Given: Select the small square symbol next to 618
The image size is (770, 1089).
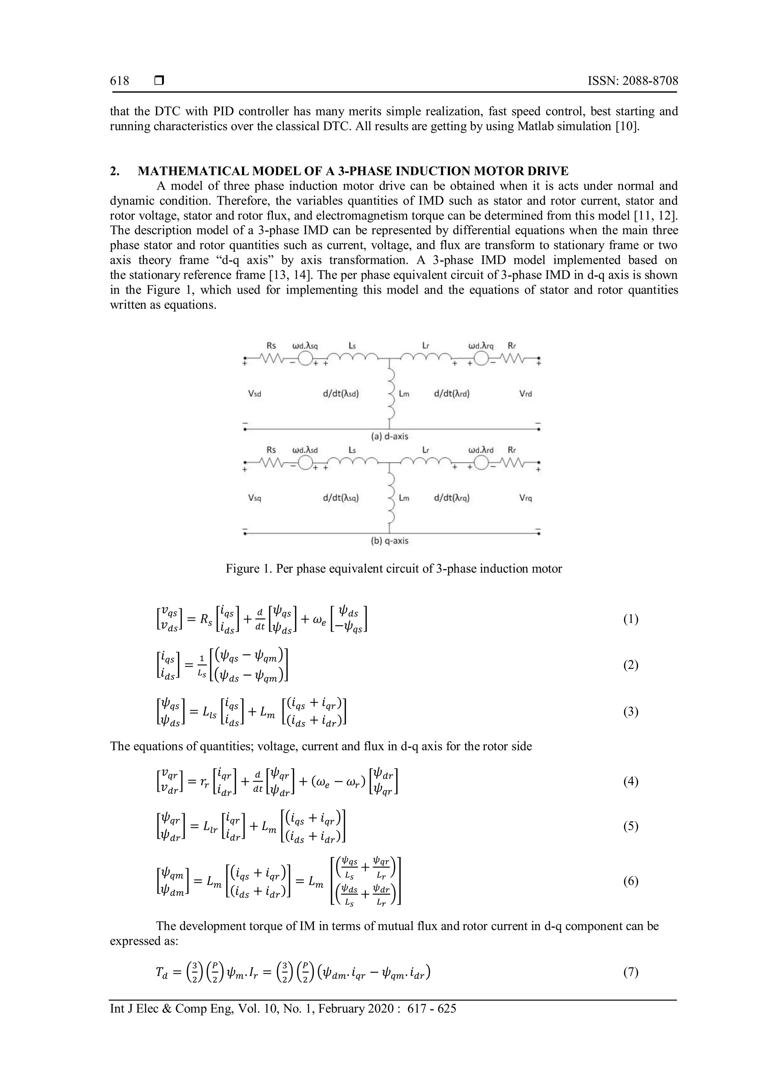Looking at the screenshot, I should point(159,81).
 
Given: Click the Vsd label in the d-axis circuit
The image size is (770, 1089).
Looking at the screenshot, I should point(255,394).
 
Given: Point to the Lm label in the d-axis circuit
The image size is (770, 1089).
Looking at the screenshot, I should point(404,394).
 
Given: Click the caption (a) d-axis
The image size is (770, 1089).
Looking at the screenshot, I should point(389,436).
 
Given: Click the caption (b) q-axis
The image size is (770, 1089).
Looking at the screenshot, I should point(389,541).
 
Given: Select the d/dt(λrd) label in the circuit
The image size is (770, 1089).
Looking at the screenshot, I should point(452,394).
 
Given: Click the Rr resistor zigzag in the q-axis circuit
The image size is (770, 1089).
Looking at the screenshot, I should point(516,463).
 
